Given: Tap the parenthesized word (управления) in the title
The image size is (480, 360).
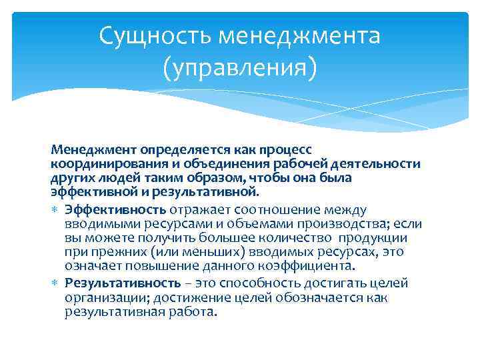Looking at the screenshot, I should [239, 67].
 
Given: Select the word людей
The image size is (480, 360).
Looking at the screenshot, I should [111, 178].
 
